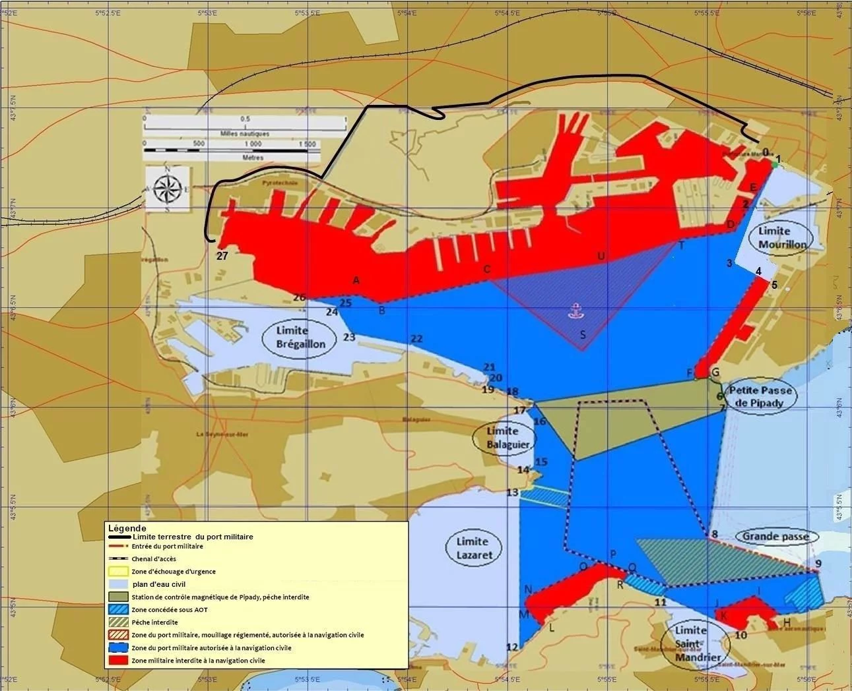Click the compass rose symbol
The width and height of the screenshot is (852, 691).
pyautogui.click(x=168, y=189)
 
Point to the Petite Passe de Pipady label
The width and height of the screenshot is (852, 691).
pyautogui.click(x=760, y=396)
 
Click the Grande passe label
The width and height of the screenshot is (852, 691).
pyautogui.click(x=775, y=537)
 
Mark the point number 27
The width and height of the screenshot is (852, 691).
pyautogui.click(x=222, y=256)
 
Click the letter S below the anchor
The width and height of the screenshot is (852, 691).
pyautogui.click(x=583, y=335)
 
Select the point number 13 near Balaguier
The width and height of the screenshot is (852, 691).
pyautogui.click(x=512, y=493)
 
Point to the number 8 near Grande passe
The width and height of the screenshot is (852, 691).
pyautogui.click(x=714, y=534)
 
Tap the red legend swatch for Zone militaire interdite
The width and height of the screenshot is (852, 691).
pyautogui.click(x=119, y=660)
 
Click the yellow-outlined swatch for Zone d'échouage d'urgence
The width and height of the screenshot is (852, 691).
pyautogui.click(x=119, y=572)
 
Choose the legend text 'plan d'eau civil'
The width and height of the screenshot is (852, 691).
pyautogui.click(x=159, y=584)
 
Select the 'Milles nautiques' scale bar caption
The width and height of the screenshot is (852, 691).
pyautogui.click(x=244, y=134)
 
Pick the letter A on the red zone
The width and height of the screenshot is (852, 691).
pyautogui.click(x=356, y=280)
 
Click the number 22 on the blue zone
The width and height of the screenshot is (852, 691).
pyautogui.click(x=416, y=339)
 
